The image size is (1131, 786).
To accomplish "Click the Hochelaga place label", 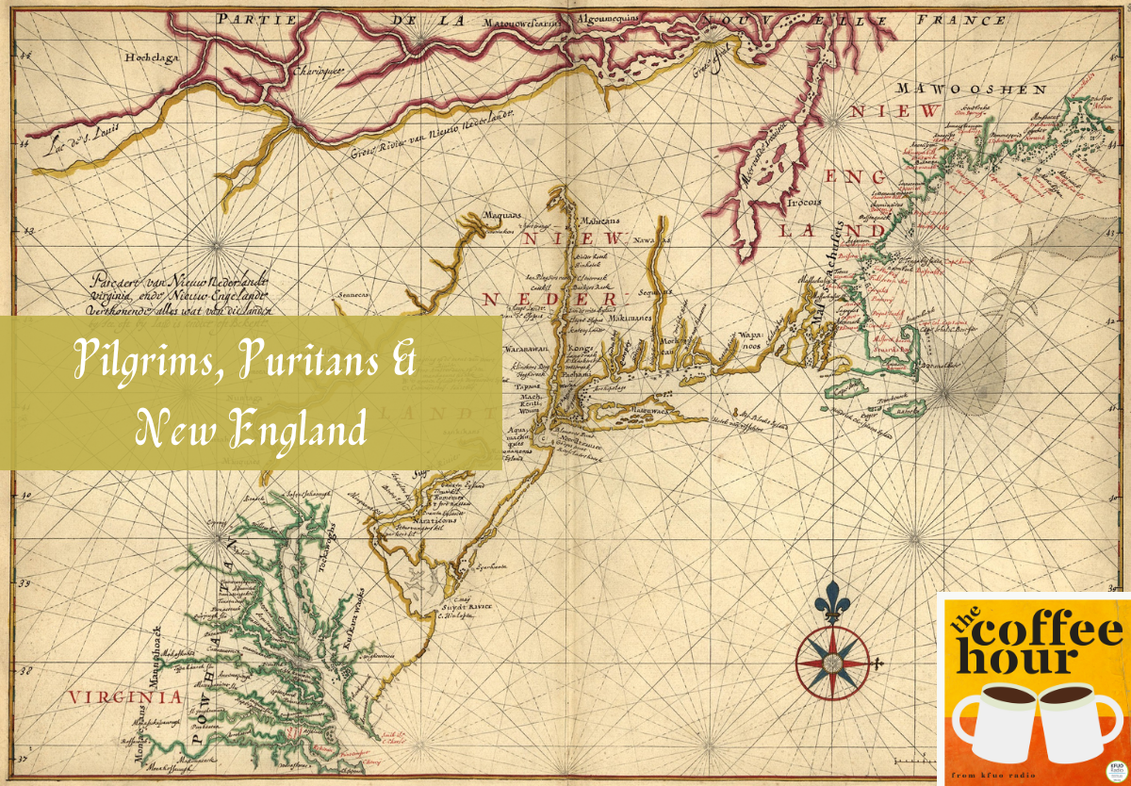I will point(150,57).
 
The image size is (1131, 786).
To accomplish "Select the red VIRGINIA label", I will point(123,697).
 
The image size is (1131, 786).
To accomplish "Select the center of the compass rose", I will point(834,663).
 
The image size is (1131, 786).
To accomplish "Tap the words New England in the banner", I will point(251,431).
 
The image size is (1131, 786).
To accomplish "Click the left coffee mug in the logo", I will point(995,721).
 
